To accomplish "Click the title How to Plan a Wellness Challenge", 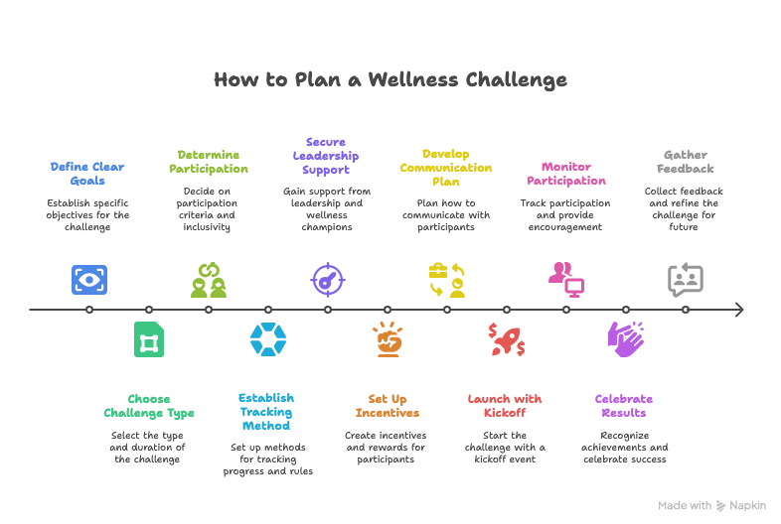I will point(390,79).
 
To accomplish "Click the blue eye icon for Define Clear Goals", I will point(89,280).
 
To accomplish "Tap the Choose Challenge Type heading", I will point(149,406).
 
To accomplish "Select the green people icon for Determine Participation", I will point(209,280).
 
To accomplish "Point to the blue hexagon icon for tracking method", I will point(268,339).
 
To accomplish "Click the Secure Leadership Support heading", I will point(326,156).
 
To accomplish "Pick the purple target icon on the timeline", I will point(326,280).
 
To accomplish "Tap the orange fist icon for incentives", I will point(388,339).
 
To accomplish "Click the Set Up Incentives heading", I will point(387,406).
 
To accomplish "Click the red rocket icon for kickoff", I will point(506,339).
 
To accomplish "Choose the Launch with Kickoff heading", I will point(505,406).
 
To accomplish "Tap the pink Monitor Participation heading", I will point(565,174).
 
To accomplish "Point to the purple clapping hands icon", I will point(625,338).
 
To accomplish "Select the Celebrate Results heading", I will point(624,406).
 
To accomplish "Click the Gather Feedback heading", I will point(686,161).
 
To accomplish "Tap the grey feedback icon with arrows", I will point(686,280).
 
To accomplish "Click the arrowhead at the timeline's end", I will point(738,310).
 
